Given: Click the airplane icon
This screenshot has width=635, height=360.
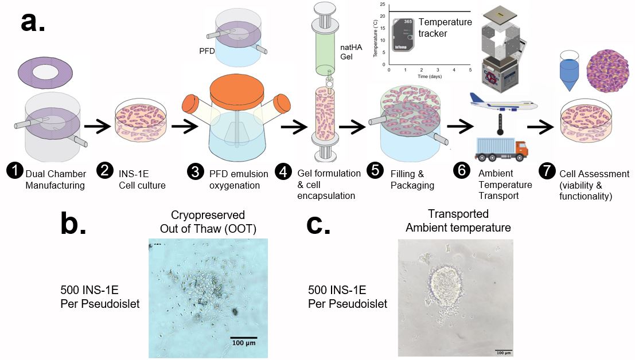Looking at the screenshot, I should (502, 103).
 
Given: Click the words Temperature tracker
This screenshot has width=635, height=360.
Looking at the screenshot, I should (445, 28).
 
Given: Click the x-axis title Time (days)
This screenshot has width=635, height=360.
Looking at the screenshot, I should (430, 76).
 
